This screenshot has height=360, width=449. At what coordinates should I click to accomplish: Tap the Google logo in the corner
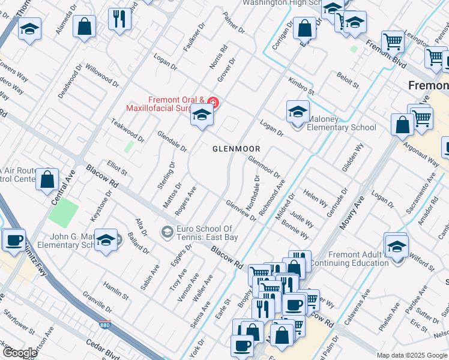[x=20, y=353]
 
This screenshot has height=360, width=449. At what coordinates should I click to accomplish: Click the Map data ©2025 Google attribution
[x=412, y=355]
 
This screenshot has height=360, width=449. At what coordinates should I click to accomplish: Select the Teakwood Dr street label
[x=127, y=130]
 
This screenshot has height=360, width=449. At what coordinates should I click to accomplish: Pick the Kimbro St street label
[x=301, y=86]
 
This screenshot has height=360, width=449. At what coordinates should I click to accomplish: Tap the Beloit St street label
[x=348, y=82]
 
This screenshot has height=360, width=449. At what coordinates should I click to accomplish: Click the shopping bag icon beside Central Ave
[x=47, y=179]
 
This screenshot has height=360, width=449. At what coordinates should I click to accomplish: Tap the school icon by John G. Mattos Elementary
[x=106, y=241]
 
